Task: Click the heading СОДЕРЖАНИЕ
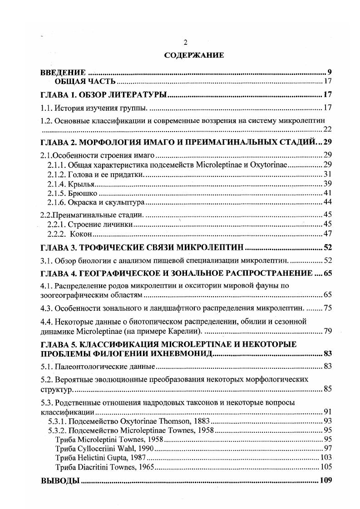194,56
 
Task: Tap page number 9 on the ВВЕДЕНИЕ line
330,72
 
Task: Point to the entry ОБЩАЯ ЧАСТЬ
85,82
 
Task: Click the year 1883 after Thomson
197,421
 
